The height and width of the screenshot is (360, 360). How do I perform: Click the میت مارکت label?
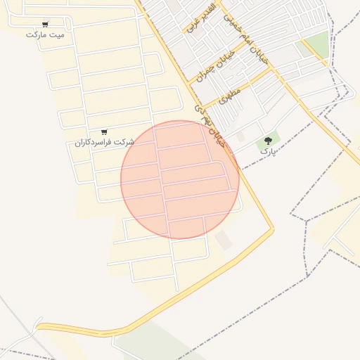point(45,34)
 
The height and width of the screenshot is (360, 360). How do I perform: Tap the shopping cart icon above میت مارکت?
point(46,24)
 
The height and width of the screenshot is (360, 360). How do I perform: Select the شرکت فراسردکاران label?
point(104,142)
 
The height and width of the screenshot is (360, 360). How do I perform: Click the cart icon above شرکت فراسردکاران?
point(104,131)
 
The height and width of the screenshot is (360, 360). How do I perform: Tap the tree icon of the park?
point(268,141)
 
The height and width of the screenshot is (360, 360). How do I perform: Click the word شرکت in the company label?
point(125,142)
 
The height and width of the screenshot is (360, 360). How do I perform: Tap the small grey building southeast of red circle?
point(224,240)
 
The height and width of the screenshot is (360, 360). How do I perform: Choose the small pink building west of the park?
point(240,136)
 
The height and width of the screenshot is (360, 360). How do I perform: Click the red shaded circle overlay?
point(180,180)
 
